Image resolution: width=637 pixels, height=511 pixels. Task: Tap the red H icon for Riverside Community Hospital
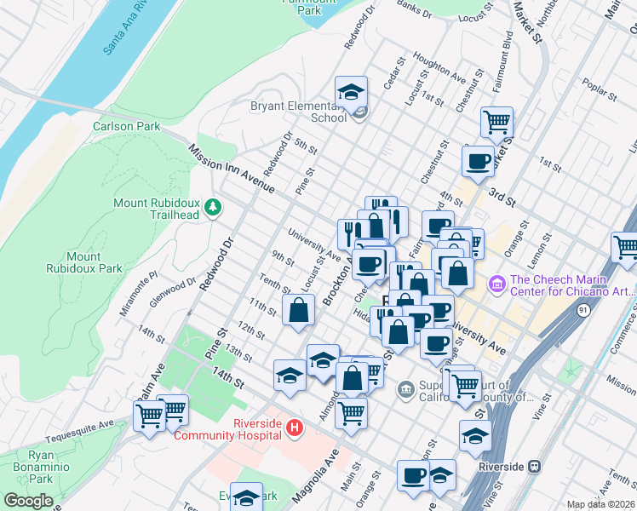pos(295,428)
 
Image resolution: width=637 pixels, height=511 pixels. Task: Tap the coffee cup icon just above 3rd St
pos(478,160)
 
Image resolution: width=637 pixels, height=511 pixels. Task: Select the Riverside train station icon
pos(535,466)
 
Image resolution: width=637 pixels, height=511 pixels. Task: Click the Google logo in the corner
pos(28,501)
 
